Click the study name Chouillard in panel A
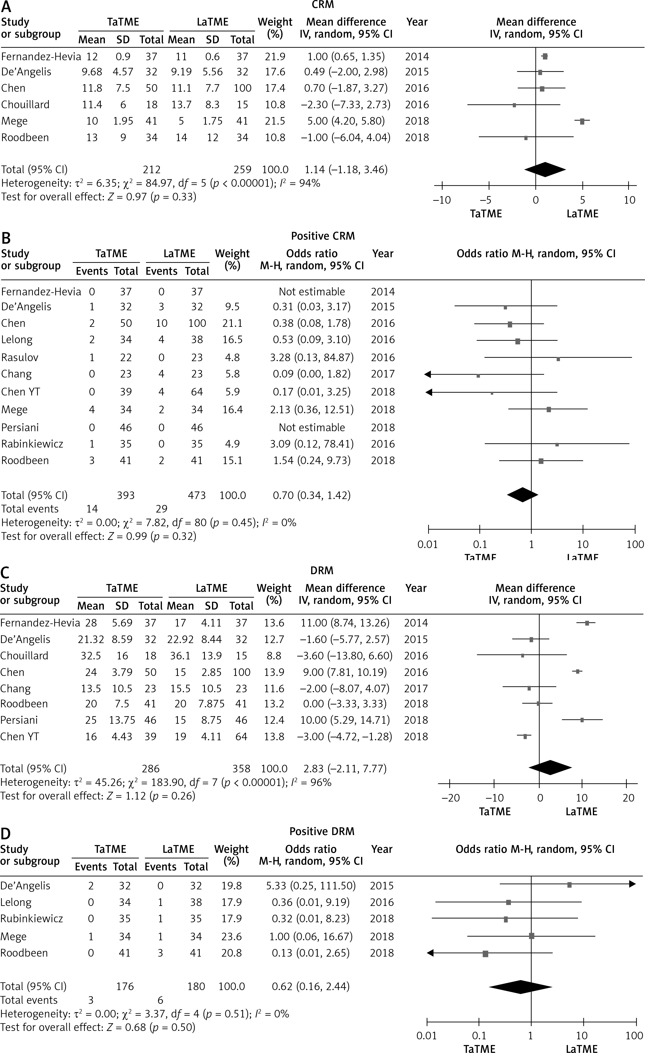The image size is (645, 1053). coord(25,105)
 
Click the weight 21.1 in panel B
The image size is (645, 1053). coord(232,323)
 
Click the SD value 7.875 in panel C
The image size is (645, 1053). coord(211,703)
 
